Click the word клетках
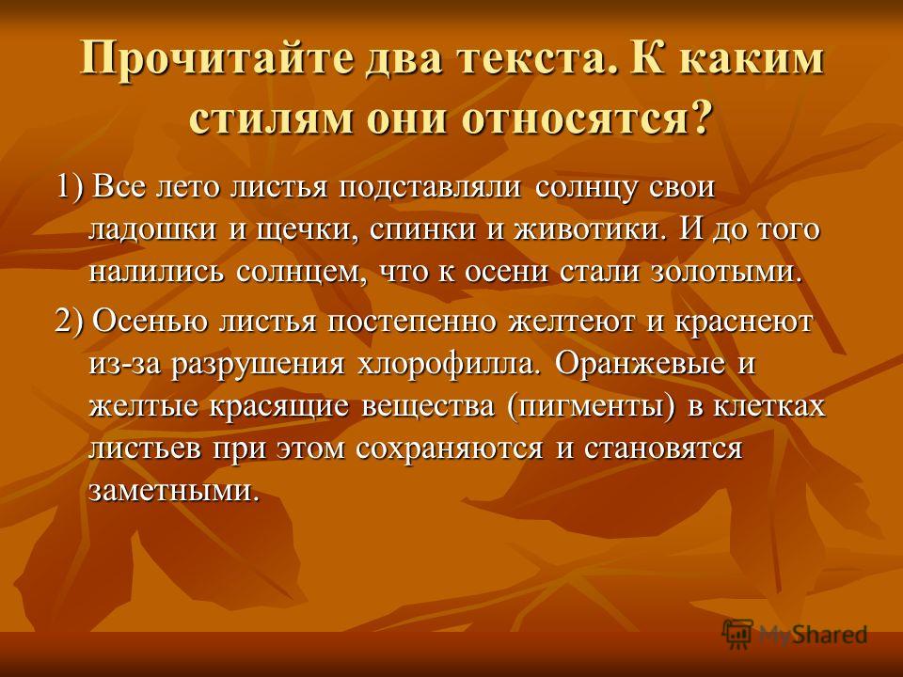coord(768,406)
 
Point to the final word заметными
coord(171,491)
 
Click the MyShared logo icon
coord(737,635)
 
